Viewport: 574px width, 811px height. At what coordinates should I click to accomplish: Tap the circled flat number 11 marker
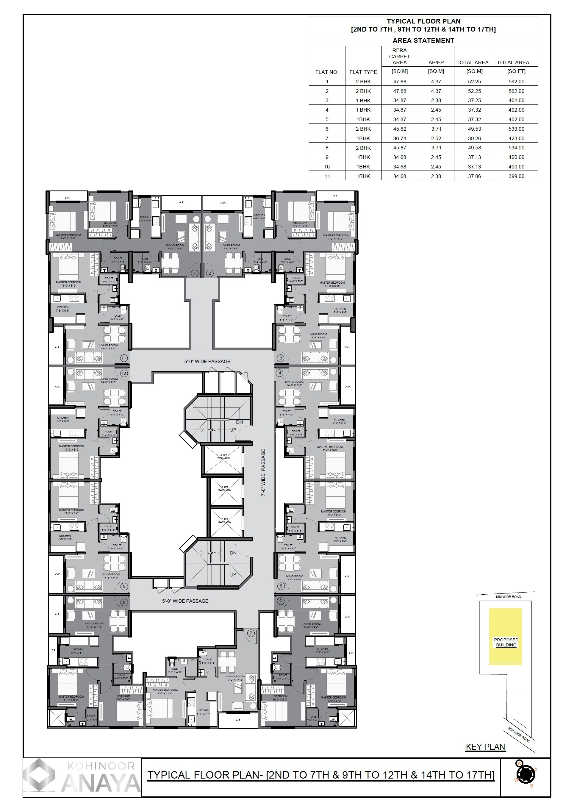(124, 358)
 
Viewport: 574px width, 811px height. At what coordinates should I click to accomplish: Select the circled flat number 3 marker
(281, 358)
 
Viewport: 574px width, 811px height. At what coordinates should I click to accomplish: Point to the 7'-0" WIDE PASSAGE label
(263, 472)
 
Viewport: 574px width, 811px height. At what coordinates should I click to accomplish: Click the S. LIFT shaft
(224, 459)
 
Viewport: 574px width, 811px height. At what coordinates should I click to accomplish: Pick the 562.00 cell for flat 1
(516, 82)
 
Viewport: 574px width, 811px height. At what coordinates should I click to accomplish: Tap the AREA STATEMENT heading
(423, 41)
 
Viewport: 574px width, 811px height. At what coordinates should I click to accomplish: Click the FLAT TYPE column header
(363, 72)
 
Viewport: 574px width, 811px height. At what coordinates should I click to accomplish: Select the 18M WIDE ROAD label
(508, 597)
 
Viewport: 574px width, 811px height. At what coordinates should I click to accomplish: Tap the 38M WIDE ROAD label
(519, 735)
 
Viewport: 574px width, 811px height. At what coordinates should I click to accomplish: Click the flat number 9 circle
(124, 587)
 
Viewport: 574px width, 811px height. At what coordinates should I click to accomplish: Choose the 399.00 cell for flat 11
(516, 176)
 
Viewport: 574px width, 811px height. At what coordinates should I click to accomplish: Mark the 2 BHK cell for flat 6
(363, 129)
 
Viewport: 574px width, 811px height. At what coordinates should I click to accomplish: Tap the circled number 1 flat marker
(194, 273)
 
